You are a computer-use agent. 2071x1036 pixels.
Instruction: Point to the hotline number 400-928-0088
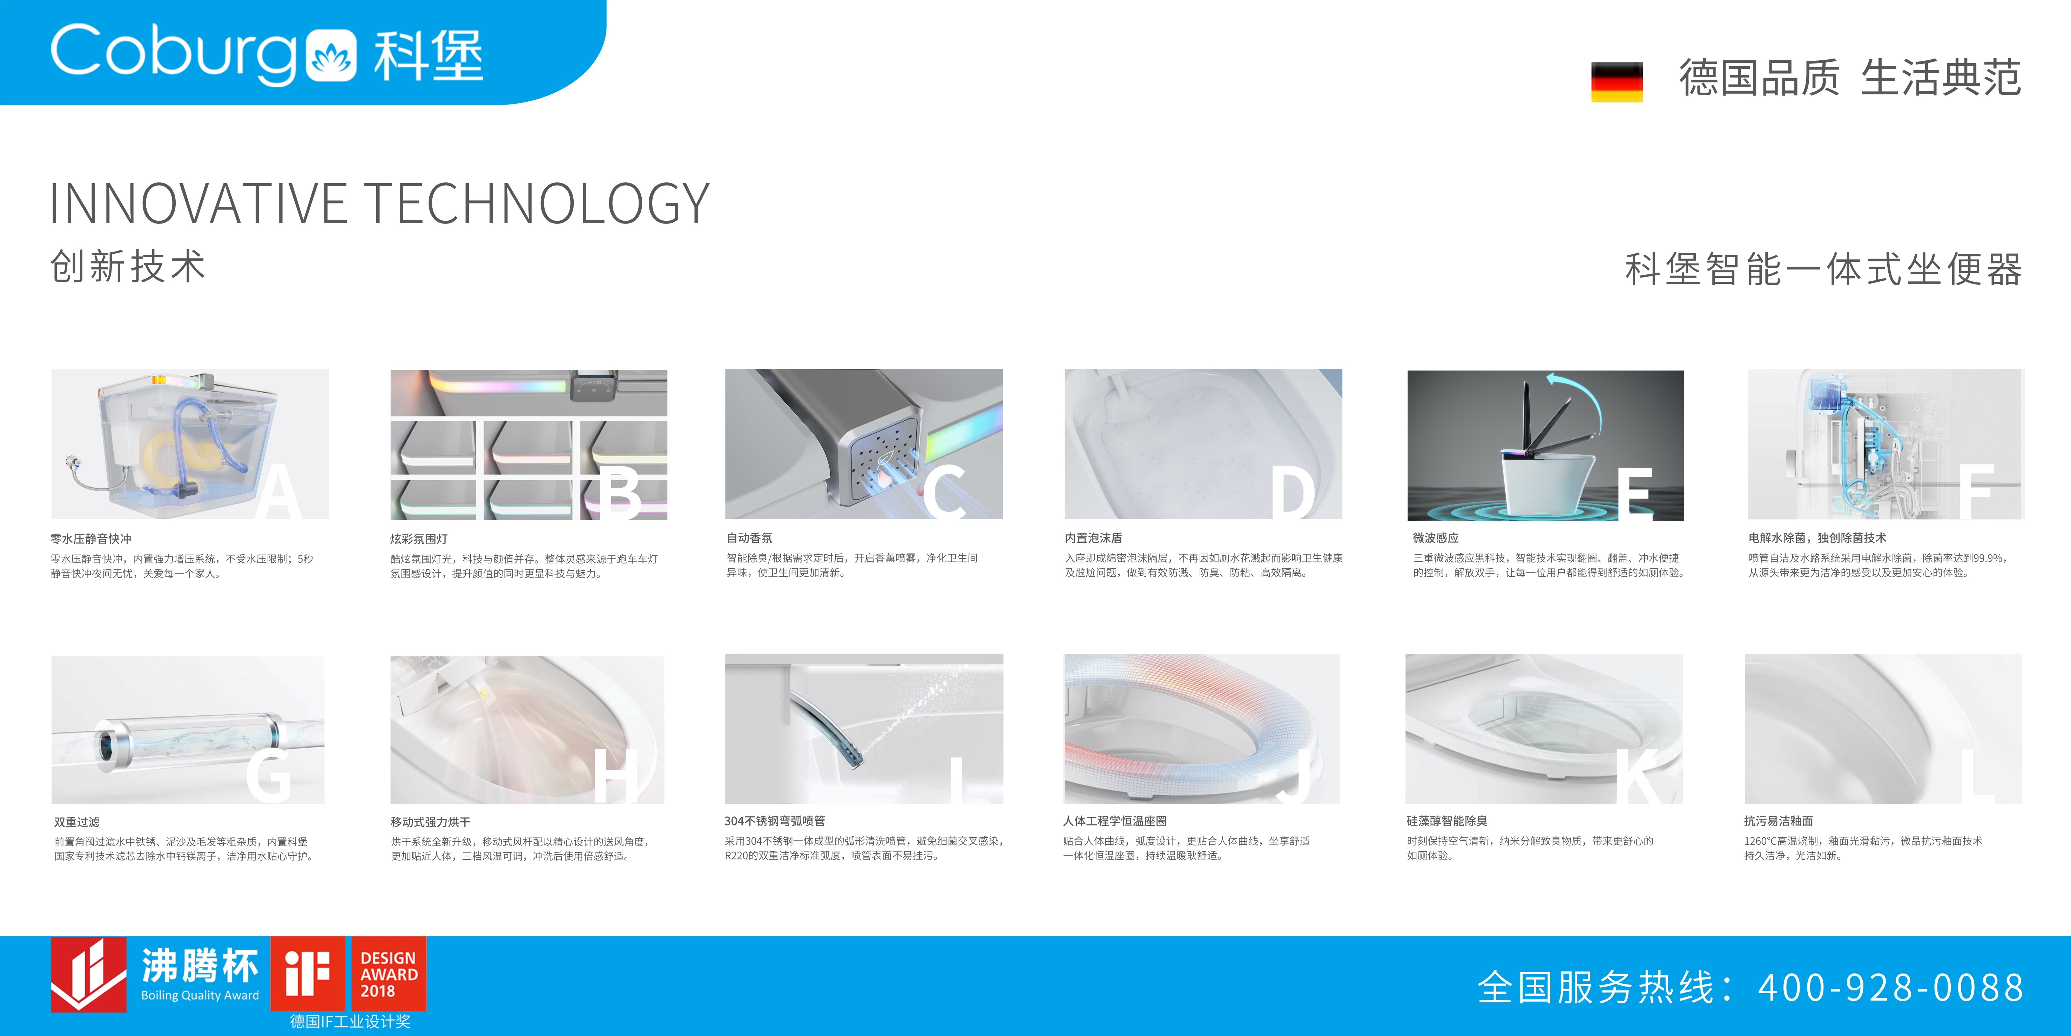click(x=1890, y=987)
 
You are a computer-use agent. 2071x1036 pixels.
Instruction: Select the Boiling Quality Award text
click(x=200, y=995)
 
